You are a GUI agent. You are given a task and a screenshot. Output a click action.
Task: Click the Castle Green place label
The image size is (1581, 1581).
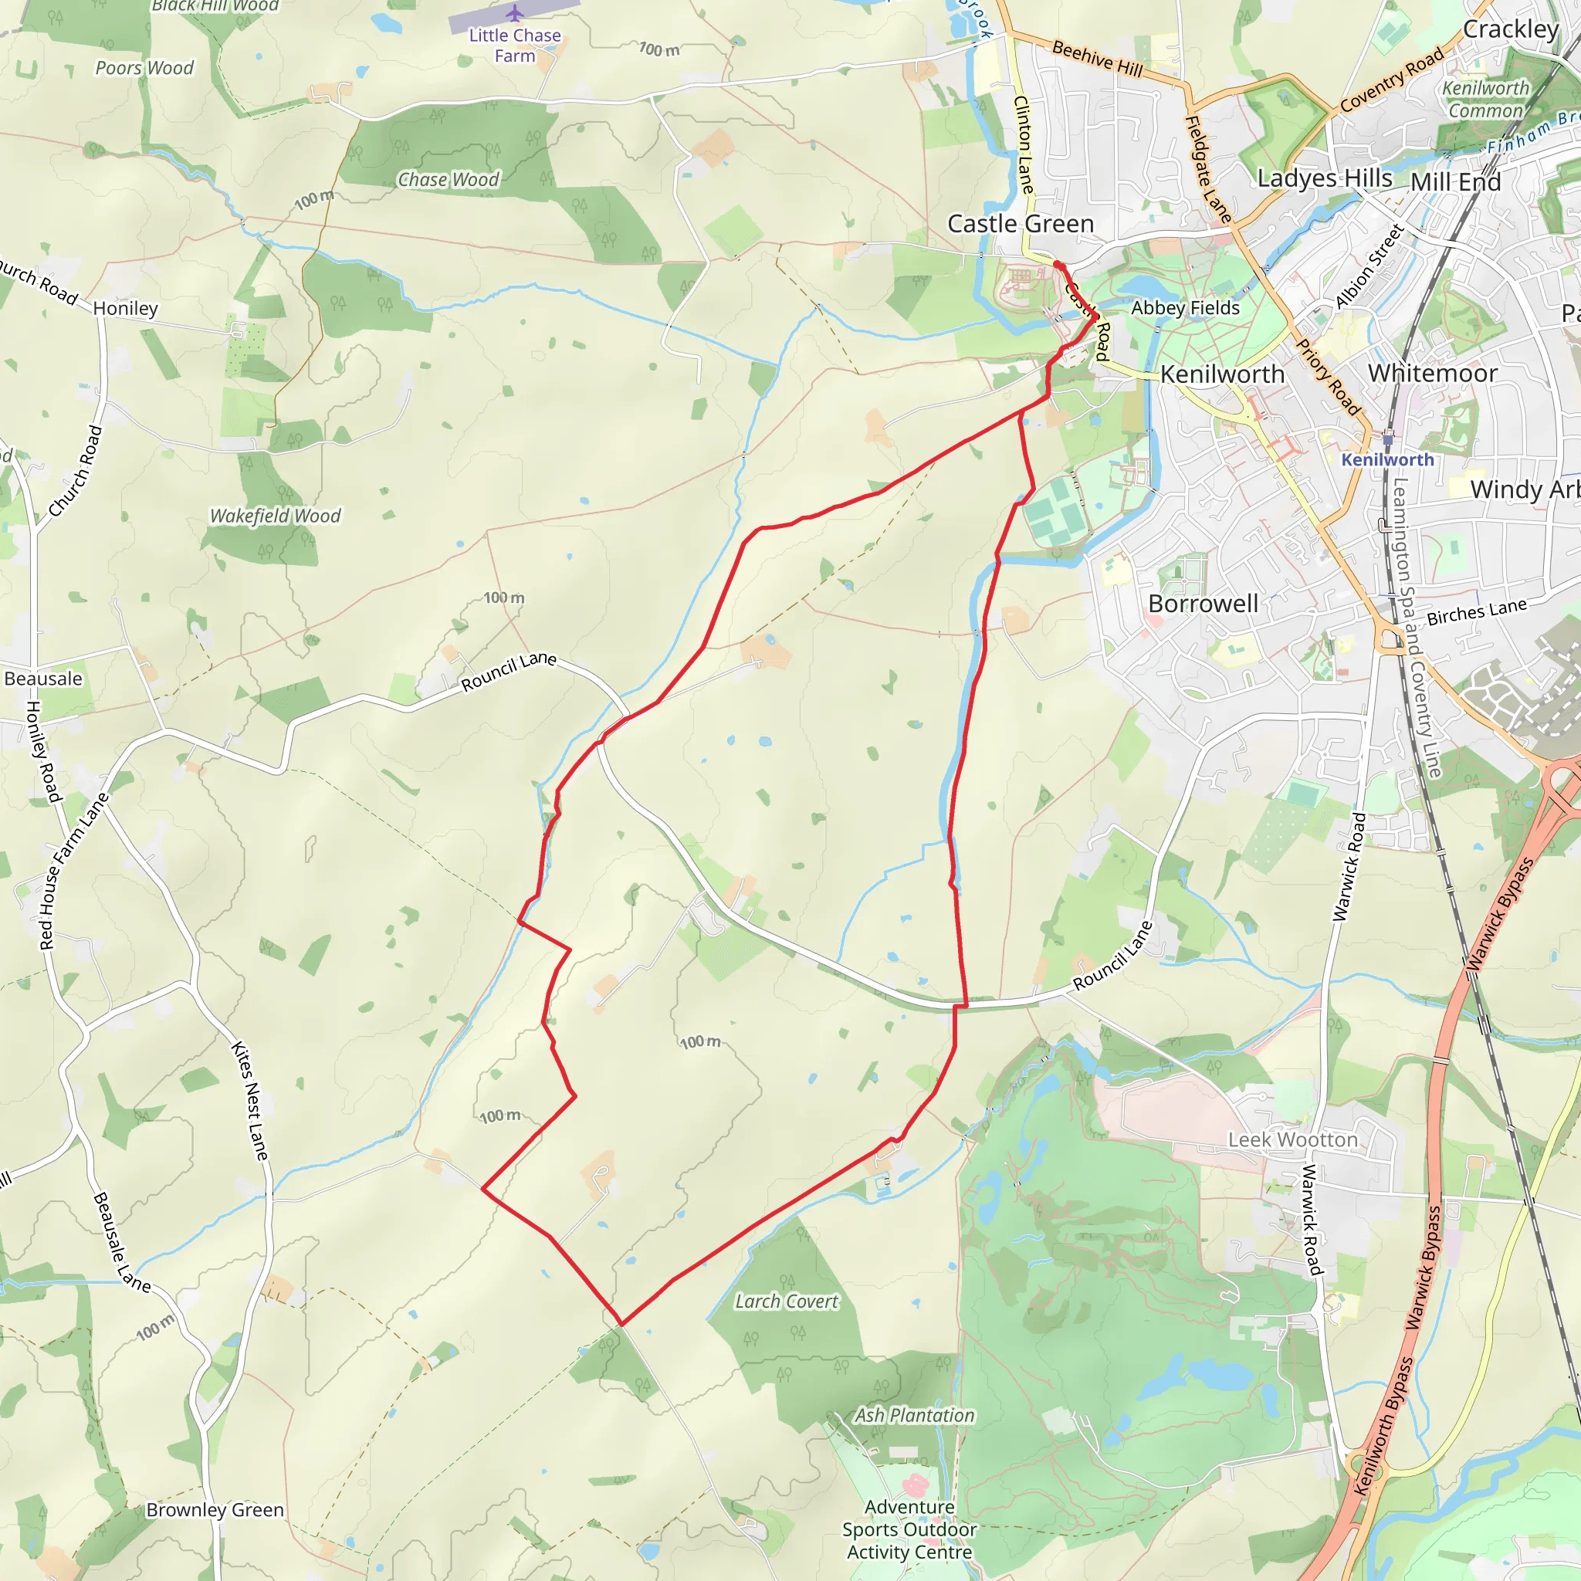tap(1020, 223)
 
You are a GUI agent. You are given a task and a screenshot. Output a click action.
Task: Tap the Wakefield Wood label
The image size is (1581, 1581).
tap(275, 516)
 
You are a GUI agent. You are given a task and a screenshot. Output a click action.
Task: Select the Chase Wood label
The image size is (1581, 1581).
tap(449, 179)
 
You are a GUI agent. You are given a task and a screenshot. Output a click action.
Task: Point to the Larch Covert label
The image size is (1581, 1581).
tap(787, 1301)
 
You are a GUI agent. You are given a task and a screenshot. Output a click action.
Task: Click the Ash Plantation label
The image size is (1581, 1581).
tap(915, 1415)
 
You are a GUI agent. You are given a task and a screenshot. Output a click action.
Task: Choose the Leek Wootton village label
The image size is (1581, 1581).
tap(1292, 1139)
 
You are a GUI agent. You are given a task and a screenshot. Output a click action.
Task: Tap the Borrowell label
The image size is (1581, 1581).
tap(1203, 603)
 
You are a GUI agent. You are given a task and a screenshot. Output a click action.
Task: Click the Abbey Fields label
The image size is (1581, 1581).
tap(1185, 308)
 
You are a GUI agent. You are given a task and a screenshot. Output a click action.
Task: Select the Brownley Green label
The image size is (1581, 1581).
tap(215, 1509)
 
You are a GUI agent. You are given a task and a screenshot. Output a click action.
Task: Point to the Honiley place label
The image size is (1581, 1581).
tap(125, 309)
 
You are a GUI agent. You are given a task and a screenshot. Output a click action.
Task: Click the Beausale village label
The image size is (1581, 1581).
tap(43, 679)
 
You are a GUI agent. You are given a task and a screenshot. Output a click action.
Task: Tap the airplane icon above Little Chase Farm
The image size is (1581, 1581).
tap(515, 13)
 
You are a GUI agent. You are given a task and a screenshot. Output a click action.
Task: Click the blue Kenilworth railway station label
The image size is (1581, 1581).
tap(1387, 460)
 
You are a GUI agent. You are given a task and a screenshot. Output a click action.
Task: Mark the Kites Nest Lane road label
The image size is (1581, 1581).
tap(249, 1100)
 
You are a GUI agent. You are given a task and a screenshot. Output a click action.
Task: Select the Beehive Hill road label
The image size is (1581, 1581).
tap(1098, 59)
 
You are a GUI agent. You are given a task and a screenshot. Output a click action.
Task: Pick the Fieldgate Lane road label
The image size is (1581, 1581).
tap(1208, 169)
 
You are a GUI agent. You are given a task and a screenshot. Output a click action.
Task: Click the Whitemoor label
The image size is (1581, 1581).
tap(1432, 373)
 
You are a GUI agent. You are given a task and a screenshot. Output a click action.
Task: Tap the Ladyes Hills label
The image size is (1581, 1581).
tap(1324, 178)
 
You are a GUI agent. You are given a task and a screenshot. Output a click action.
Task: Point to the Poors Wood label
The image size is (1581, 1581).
tap(145, 68)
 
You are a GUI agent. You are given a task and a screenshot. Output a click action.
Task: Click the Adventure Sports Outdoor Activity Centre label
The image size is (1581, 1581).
tap(909, 1529)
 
